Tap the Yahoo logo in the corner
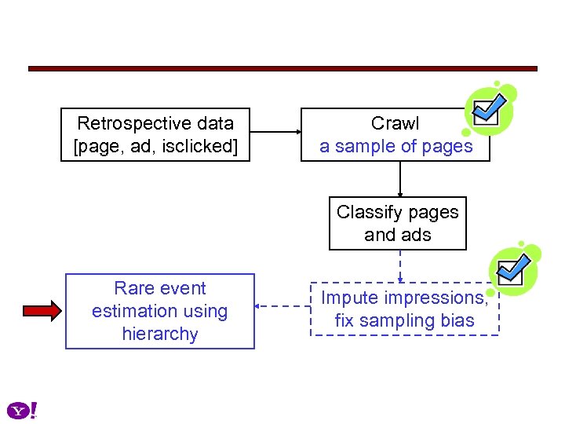pyautogui.click(x=22, y=410)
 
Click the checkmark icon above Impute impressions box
pyautogui.click(x=514, y=269)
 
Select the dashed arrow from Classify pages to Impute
pyautogui.click(x=400, y=266)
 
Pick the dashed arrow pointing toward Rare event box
pyautogui.click(x=283, y=308)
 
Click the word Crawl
pyautogui.click(x=395, y=123)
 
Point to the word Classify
pyautogui.click(x=365, y=212)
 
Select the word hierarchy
pyautogui.click(x=160, y=334)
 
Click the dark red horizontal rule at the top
pyautogui.click(x=282, y=69)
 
